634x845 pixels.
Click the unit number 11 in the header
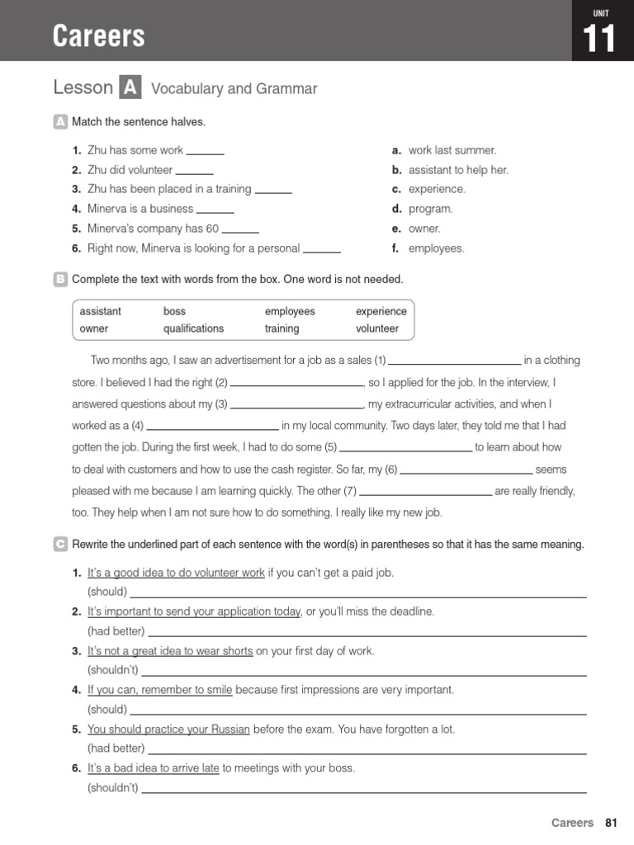click(x=600, y=39)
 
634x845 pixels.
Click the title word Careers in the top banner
click(x=98, y=35)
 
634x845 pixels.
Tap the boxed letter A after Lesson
click(x=130, y=87)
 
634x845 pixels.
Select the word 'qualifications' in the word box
click(x=193, y=328)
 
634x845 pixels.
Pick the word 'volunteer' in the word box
click(x=377, y=328)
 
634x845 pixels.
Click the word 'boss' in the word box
click(x=174, y=311)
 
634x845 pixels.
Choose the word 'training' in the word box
click(x=282, y=328)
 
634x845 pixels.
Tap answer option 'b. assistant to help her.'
click(x=450, y=170)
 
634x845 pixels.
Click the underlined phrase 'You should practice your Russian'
click(x=168, y=729)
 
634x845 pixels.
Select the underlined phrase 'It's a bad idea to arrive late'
click(x=154, y=768)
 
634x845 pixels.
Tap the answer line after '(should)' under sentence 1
click(x=358, y=595)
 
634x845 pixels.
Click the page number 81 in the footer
click(x=611, y=823)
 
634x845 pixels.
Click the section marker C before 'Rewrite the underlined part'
click(x=60, y=545)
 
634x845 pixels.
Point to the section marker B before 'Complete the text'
click(x=60, y=280)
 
